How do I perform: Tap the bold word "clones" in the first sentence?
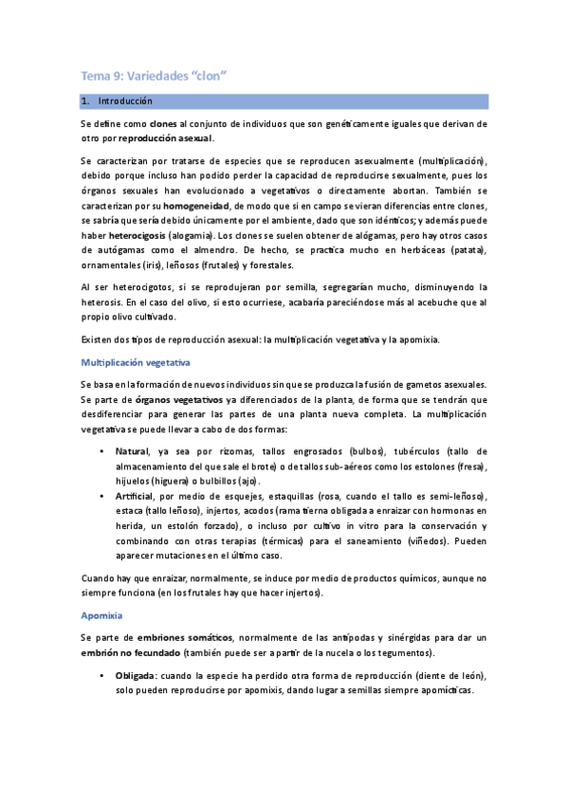[163, 124]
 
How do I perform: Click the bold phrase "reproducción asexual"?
[173, 138]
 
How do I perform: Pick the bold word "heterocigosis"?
[141, 233]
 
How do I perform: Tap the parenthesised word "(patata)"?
[465, 247]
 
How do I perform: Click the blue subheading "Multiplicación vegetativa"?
[136, 362]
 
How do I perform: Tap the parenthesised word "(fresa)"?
[468, 466]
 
